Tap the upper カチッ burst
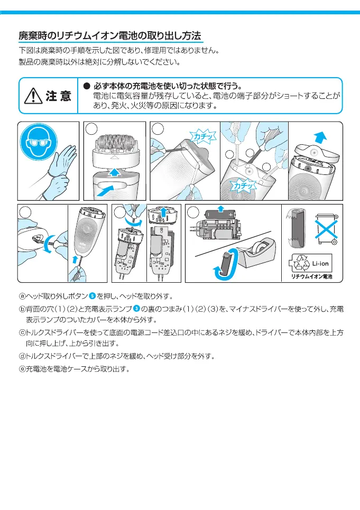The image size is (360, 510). pos(204,137)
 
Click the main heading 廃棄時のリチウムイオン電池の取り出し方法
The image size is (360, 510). pos(110,36)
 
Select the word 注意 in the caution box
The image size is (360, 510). pos(58,96)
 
